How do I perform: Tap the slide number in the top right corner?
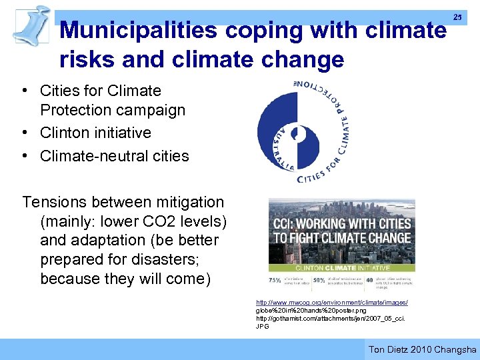click(x=457, y=17)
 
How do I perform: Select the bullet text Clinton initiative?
click(x=95, y=133)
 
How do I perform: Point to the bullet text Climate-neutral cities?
click(x=114, y=156)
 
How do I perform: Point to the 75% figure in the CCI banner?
click(x=275, y=280)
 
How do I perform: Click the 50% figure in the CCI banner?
click(x=321, y=280)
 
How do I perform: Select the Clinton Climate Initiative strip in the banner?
click(x=341, y=267)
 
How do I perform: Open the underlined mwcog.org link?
click(x=332, y=303)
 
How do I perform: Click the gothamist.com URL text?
click(x=331, y=319)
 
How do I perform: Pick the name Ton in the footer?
click(x=377, y=349)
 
